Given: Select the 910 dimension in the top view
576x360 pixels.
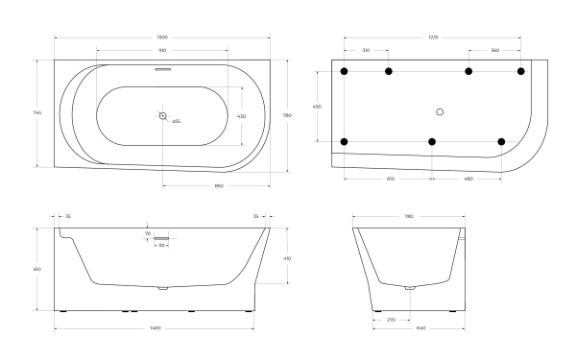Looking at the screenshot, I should coord(162,49).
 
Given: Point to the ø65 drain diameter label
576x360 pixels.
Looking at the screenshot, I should coord(177,122).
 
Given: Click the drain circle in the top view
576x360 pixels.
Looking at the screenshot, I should coord(163,116).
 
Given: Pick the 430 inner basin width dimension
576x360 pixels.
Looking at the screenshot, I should coord(242,116).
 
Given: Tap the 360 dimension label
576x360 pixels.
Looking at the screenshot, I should coord(494,49).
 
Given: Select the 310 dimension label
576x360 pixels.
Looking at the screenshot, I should coord(366,49).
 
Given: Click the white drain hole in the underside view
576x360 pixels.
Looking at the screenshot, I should coord(439,110).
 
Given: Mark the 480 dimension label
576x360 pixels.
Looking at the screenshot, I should coord(468,179).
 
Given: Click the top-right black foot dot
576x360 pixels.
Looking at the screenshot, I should coord(521,71).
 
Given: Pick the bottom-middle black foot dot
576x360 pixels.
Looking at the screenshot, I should coord(432,142).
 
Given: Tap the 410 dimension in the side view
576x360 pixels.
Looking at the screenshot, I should coord(288,257).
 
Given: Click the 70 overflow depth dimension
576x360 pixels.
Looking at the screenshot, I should coord(148,233).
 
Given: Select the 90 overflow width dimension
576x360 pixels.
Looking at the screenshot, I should coord(162,246).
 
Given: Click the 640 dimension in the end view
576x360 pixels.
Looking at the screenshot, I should coord(409,328).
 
